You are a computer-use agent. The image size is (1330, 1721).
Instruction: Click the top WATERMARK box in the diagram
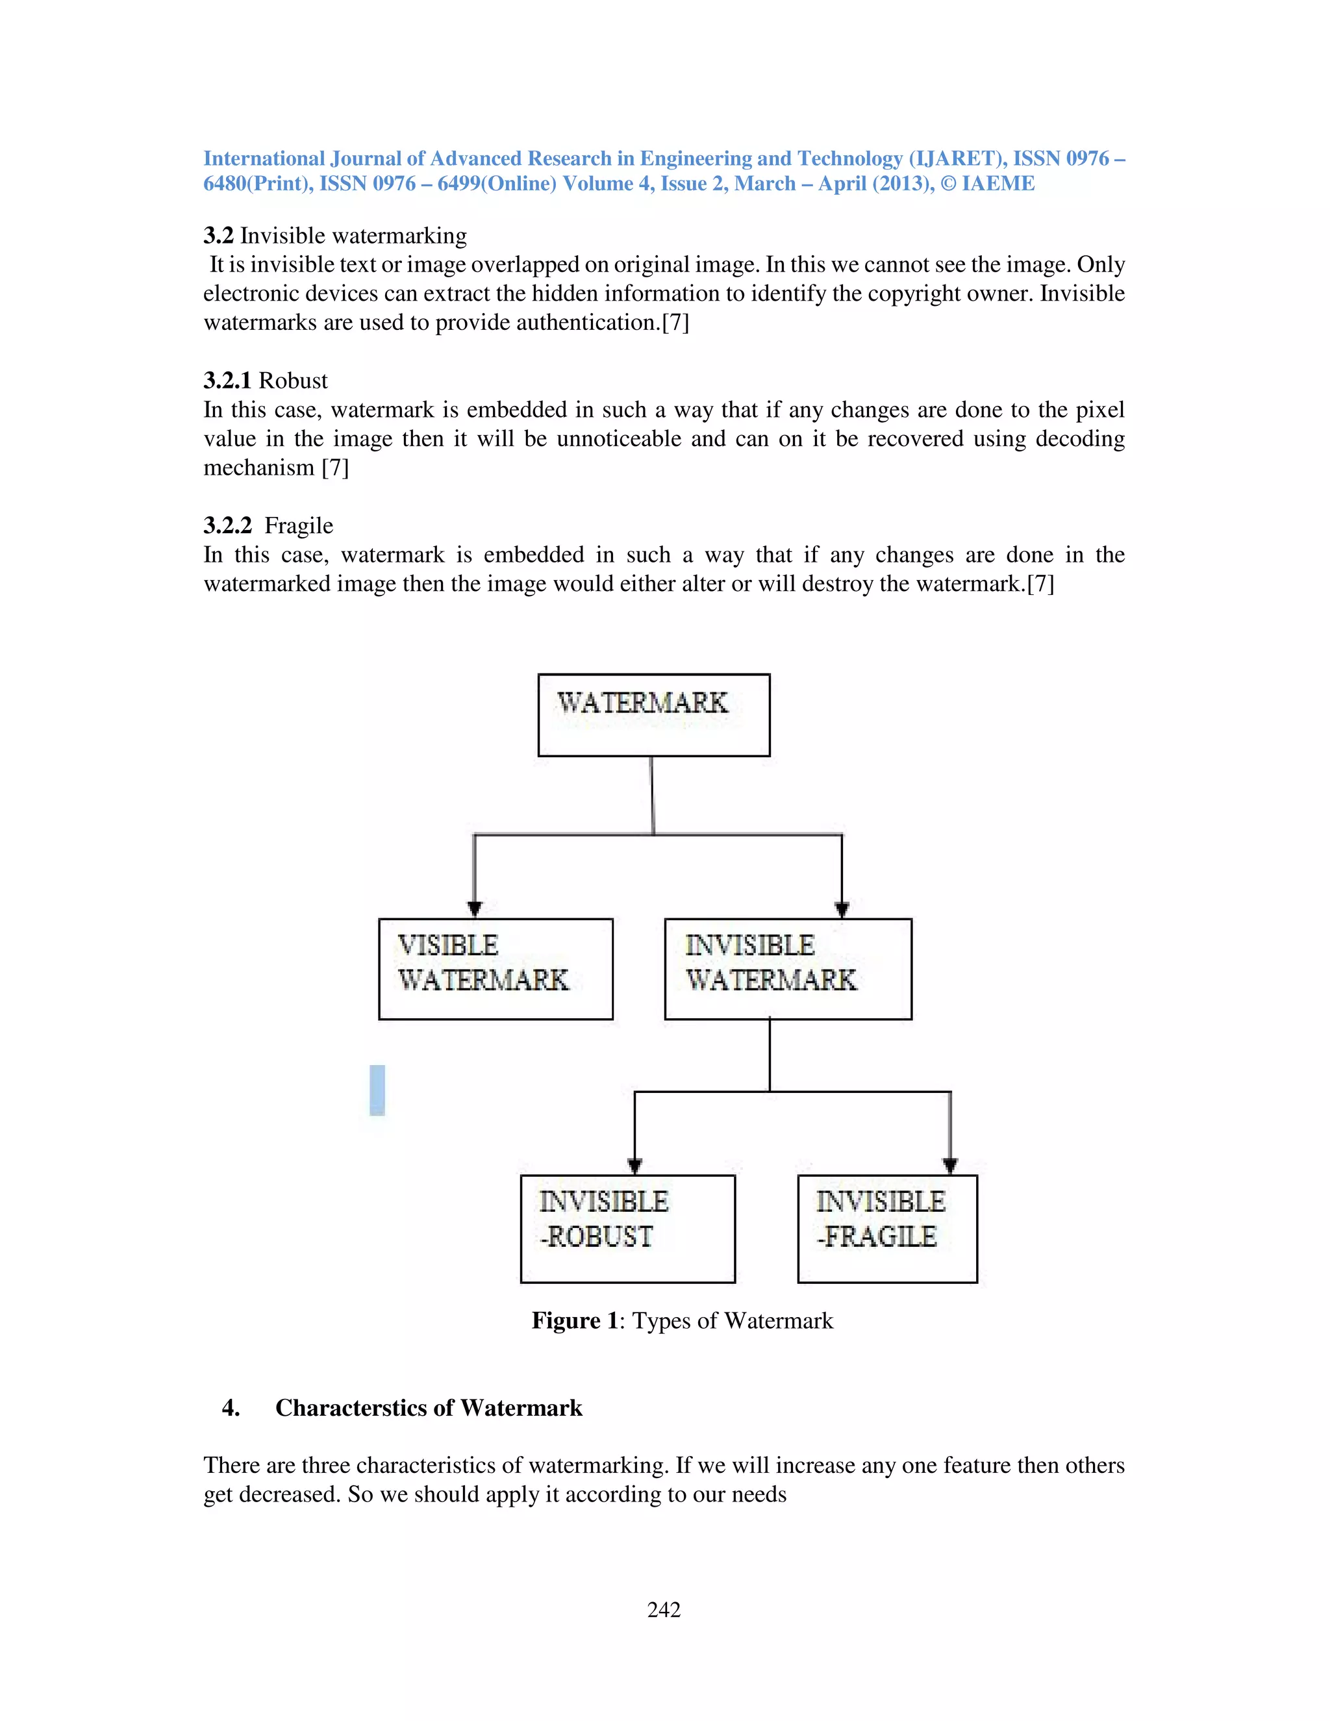[653, 715]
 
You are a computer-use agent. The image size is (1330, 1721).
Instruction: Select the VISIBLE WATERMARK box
[495, 968]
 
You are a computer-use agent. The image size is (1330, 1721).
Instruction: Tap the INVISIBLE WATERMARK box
[787, 968]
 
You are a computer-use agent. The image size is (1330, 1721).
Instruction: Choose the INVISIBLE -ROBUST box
[627, 1229]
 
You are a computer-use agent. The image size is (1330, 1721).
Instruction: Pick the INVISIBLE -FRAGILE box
[886, 1229]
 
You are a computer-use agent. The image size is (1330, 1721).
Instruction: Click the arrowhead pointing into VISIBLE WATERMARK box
[474, 909]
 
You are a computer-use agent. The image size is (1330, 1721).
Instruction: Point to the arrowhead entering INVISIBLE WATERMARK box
[842, 909]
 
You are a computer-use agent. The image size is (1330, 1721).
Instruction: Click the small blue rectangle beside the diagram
[377, 1090]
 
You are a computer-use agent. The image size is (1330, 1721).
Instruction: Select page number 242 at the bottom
[664, 1610]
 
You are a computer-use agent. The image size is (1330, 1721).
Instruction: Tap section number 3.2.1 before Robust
[227, 381]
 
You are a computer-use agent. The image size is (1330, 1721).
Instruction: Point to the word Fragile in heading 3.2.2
[299, 525]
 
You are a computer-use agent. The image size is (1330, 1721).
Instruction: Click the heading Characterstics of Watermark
[429, 1408]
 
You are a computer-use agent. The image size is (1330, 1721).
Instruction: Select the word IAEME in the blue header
[997, 184]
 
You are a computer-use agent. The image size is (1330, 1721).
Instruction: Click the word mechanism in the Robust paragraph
[258, 468]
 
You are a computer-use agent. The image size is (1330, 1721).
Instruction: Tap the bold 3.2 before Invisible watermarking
[218, 236]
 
